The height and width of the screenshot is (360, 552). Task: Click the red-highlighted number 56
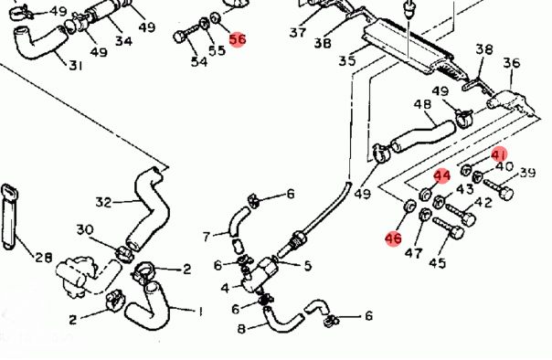point(238,39)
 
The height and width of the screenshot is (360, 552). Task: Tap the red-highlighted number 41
point(499,154)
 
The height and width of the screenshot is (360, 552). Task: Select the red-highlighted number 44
point(441,175)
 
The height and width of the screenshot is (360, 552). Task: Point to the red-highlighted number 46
point(393,238)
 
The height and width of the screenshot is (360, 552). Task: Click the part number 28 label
point(44,258)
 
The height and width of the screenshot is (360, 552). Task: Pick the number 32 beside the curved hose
point(103,202)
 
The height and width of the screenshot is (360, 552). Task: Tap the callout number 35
point(347,60)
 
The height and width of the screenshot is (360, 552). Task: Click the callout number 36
point(511,63)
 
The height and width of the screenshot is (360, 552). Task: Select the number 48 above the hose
point(422,104)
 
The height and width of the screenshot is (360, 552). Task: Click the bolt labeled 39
point(498,188)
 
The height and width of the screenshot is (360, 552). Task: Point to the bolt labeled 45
point(449,228)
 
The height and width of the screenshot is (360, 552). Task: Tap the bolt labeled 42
point(462,215)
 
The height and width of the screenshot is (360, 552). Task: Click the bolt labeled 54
point(185,34)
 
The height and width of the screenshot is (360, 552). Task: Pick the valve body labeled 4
point(260,274)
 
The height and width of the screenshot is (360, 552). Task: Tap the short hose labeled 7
point(238,220)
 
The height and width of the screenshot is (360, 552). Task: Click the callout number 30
point(85,229)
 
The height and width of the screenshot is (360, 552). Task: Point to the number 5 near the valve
point(308,266)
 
